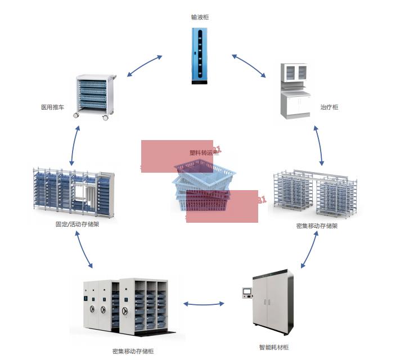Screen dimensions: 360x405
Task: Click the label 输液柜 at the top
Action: (200, 17)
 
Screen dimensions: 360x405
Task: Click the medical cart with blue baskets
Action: (94, 96)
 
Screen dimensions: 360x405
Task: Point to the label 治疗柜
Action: (329, 107)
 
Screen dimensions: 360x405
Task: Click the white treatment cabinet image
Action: (296, 91)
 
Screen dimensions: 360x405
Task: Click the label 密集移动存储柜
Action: (133, 351)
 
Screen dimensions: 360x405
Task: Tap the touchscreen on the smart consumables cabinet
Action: (246, 292)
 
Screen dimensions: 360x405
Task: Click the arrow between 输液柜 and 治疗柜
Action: (249, 65)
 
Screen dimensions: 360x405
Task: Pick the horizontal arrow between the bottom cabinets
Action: (203, 304)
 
